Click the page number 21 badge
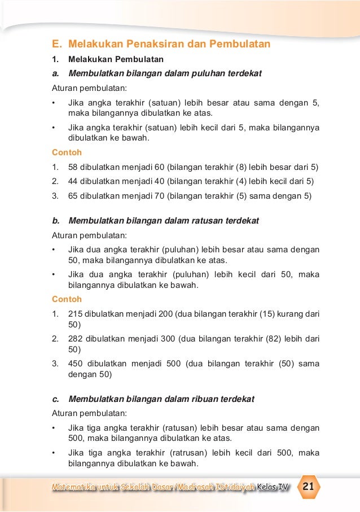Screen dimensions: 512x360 (309, 487)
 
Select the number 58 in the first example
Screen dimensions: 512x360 (73, 167)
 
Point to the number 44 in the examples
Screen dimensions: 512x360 (73, 181)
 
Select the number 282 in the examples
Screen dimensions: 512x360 (75, 339)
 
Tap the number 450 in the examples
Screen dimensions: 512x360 (75, 364)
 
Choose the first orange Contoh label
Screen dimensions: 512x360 (67, 152)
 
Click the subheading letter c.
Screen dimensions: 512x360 (54, 399)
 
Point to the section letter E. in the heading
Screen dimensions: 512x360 (56, 43)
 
